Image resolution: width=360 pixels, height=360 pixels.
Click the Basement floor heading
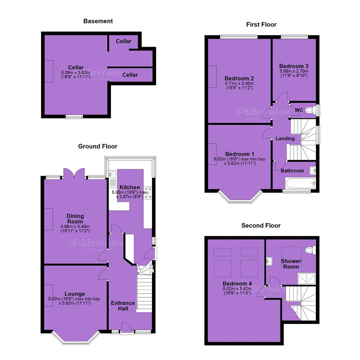tap(98, 21)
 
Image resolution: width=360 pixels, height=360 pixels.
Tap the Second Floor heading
tap(261, 225)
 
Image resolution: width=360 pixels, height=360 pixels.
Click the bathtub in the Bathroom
tap(300, 183)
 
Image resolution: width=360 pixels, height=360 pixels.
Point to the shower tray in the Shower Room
tap(307, 278)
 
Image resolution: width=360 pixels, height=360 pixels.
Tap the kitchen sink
tap(113, 174)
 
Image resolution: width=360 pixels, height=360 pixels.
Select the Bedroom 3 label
tap(294, 66)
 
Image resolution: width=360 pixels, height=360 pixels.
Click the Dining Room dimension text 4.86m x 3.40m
tap(75, 226)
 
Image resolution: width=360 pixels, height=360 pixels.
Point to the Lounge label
tap(75, 294)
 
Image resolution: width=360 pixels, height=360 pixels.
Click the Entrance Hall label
tap(123, 306)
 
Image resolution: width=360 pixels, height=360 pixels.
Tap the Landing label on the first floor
tap(285, 138)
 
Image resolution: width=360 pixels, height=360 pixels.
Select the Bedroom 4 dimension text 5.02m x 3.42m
tap(237, 289)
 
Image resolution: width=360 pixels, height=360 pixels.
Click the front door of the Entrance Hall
tap(127, 328)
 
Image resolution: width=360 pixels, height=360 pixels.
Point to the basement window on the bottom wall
tap(74, 117)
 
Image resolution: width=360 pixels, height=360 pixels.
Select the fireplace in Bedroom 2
tap(212, 77)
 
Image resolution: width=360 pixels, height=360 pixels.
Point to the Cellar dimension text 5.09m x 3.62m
tap(76, 73)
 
